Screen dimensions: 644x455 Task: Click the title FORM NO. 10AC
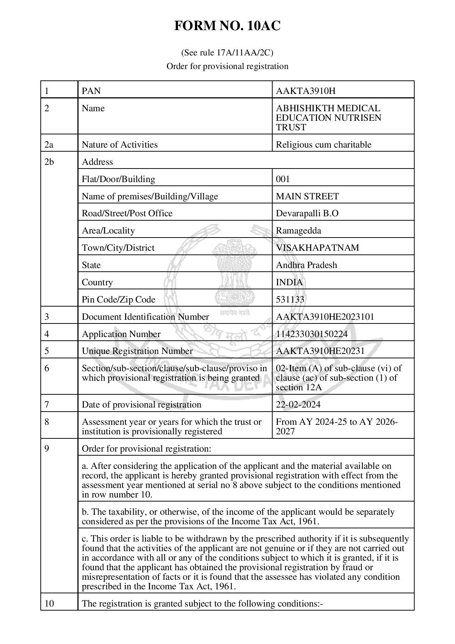[227, 26]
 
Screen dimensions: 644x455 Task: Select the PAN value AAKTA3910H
[306, 91]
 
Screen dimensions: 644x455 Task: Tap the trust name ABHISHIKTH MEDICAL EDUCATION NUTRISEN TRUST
[328, 118]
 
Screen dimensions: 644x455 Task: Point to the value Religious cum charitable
[323, 145]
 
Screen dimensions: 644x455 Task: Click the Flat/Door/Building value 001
[283, 179]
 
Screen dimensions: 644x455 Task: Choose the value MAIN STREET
[307, 196]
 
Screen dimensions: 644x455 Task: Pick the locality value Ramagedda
[298, 231]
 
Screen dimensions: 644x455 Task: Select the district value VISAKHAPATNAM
[317, 248]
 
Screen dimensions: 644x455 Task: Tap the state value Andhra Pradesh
[306, 265]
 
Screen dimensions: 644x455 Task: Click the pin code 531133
[290, 300]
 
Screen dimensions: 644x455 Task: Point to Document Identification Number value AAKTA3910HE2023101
[325, 317]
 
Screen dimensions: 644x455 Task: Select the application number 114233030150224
[312, 334]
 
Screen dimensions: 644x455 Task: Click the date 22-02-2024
[298, 405]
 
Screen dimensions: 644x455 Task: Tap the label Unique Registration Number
[137, 351]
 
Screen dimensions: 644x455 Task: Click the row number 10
[49, 604]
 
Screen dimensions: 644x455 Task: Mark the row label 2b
[49, 162]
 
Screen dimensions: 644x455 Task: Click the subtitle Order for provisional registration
[227, 66]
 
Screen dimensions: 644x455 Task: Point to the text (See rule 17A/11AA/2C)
[227, 53]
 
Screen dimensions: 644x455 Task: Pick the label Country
[97, 282]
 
